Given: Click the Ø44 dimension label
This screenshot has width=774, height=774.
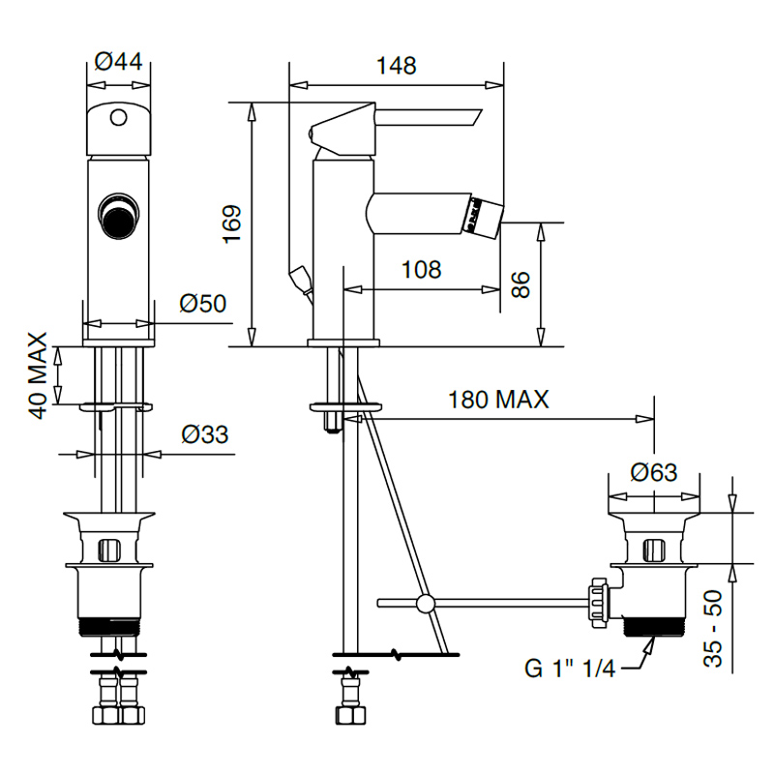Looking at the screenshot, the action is coord(118,62).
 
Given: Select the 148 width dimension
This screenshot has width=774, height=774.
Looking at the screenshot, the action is coord(396,65).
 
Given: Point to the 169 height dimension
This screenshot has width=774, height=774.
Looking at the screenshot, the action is coord(232,223).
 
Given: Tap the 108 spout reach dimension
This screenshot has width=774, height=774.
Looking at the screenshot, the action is coord(421,270).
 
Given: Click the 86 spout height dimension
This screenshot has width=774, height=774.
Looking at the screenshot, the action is coord(521,284).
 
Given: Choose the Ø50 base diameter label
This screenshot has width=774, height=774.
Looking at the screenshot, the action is coord(203,303).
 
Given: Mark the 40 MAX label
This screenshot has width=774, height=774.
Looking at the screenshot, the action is coord(38,375).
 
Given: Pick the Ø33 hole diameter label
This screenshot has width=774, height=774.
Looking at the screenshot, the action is coord(205,434).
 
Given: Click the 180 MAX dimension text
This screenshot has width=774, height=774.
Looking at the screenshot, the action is coord(498,400).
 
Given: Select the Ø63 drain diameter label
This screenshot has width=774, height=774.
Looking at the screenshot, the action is coord(654,472).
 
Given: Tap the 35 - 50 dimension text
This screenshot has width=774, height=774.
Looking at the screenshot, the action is coord(713,628).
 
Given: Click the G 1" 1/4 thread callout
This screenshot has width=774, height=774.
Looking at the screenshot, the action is coord(570,669).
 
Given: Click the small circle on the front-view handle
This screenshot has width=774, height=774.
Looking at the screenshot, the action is coord(118,117).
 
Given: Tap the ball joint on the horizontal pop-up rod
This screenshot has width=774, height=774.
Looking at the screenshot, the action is coord(425,603).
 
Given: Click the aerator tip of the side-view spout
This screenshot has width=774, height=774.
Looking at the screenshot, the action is coord(483,217).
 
